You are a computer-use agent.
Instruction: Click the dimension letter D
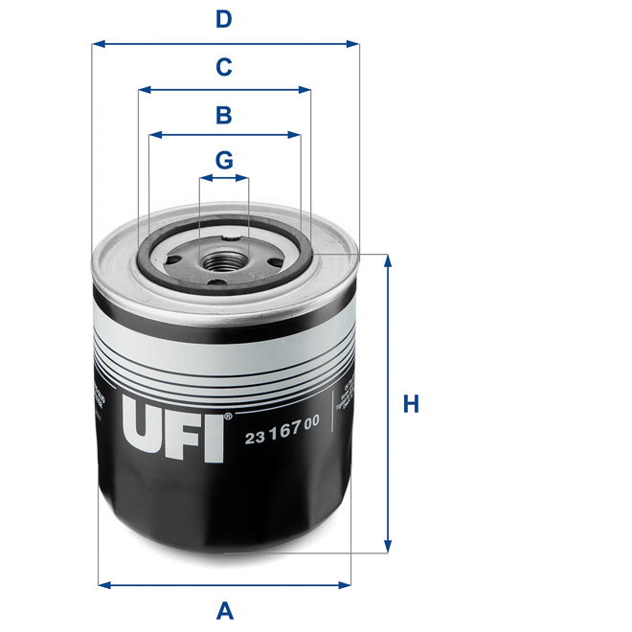coord(223,18)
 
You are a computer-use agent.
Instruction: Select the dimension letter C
coord(223,67)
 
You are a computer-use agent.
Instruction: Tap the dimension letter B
coord(223,116)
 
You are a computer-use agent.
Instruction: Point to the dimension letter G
coord(223,160)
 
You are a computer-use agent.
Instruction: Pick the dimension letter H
coord(411,404)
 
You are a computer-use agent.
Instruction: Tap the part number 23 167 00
coord(282,438)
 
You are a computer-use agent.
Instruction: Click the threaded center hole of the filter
coord(224,260)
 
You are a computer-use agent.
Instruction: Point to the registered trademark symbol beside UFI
coord(228,418)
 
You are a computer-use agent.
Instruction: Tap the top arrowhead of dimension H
coord(388,260)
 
